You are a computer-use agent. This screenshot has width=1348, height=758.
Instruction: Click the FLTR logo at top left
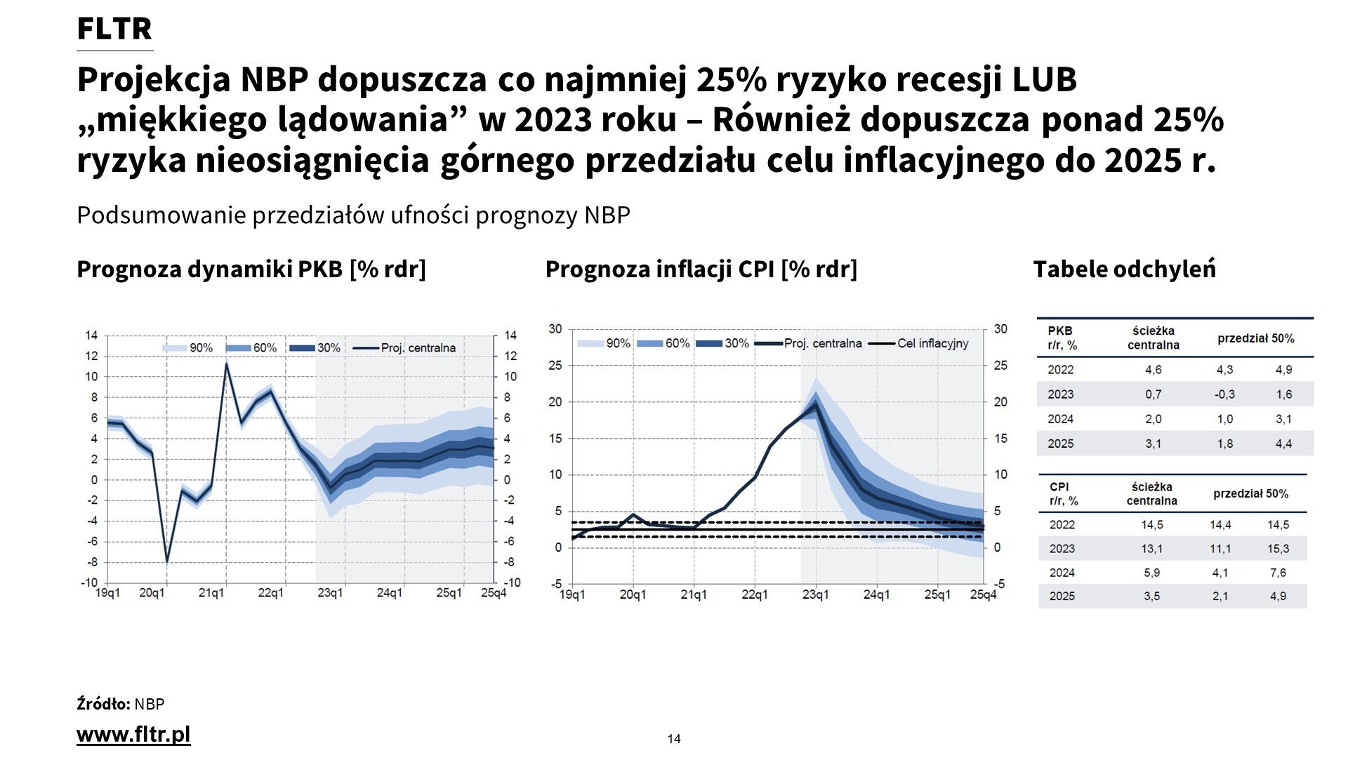114,29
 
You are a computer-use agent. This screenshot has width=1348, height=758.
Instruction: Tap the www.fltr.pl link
133,735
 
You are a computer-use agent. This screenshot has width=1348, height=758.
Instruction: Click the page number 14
674,738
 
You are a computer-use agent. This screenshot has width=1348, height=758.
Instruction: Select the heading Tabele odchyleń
1124,270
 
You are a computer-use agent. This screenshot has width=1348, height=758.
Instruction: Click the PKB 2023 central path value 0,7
1153,394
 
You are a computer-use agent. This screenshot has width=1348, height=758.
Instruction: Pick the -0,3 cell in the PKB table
1224,394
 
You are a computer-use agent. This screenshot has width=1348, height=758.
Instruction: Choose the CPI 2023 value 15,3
1278,549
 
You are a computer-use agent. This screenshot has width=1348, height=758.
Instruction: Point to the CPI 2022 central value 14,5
1151,525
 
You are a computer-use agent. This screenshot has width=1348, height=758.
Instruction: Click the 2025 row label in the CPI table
1062,596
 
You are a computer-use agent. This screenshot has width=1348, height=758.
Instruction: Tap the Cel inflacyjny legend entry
932,343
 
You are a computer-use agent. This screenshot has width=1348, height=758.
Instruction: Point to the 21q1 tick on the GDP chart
211,593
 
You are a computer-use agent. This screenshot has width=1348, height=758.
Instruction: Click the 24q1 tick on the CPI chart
876,594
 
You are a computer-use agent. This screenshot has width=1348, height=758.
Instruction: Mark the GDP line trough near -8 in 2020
167,561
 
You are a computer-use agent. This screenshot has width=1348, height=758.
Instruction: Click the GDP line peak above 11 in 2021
227,364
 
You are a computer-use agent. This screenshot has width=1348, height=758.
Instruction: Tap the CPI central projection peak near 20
815,404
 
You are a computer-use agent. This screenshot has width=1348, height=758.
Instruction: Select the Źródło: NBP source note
120,704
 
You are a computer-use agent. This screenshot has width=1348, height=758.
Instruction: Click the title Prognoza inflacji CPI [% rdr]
701,270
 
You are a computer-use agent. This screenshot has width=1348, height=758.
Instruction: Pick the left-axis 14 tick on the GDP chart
91,335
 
